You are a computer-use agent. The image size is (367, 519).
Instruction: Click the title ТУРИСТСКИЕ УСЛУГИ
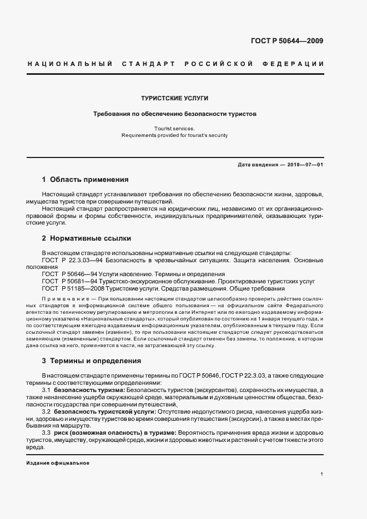[x=174, y=98]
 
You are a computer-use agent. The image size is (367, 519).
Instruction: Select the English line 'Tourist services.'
[x=174, y=128]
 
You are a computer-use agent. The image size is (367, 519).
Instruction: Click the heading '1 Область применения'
[x=85, y=180]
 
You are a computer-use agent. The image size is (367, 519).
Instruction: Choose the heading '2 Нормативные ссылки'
[x=86, y=238]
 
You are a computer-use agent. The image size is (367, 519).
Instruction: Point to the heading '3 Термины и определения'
[x=91, y=360]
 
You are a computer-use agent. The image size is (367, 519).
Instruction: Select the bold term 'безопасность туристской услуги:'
[x=105, y=412]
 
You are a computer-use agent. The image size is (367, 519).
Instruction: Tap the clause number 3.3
[x=46, y=433]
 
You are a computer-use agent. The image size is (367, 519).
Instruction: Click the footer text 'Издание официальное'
[x=58, y=463]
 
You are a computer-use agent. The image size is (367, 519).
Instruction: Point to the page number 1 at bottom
[x=321, y=474]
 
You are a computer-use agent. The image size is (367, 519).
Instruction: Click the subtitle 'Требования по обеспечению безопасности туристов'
[x=174, y=114]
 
